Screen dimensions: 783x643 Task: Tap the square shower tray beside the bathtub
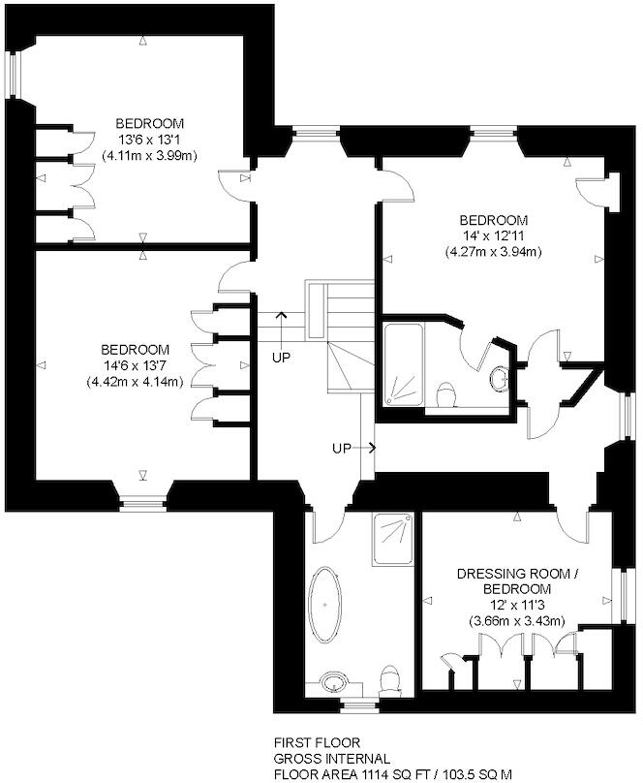393,540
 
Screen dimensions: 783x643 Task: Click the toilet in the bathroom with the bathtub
392,680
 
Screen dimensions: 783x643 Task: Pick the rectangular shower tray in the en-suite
404,365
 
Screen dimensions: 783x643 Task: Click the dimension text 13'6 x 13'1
149,140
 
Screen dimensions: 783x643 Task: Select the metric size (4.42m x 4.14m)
134,381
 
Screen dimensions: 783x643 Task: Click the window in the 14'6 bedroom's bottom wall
142,501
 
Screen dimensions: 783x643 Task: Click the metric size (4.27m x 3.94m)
493,252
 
